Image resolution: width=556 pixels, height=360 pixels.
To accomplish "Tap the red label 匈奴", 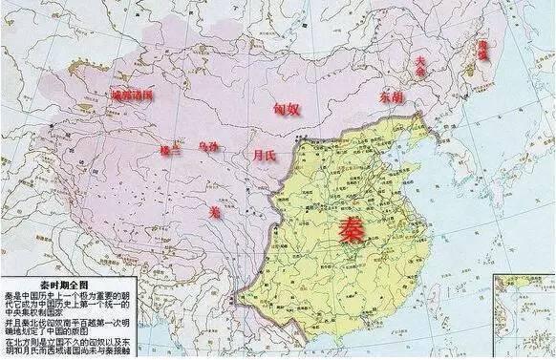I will coord(287,110).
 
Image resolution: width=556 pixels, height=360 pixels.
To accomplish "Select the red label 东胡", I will coord(391,96).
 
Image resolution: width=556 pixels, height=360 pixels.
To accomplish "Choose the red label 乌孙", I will coord(208,147).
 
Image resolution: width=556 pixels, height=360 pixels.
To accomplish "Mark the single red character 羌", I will coord(214,213).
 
